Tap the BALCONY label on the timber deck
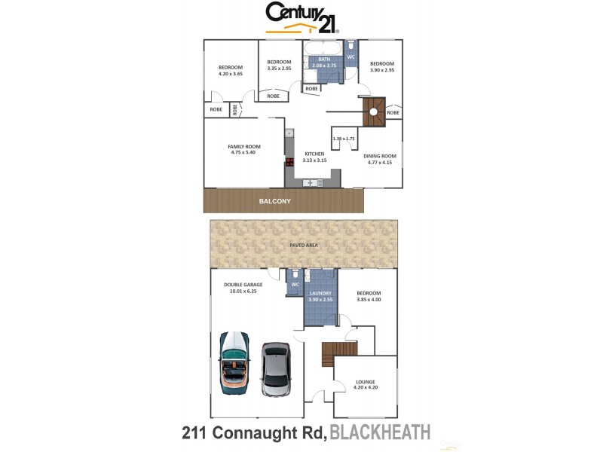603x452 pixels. pos(275,202)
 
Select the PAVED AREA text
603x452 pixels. pos(304,246)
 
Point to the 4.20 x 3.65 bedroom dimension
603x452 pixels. pos(230,74)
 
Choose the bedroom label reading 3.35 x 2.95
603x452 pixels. pos(279,69)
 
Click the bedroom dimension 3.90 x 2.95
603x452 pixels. pos(381,69)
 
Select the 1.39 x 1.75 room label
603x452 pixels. pos(344,139)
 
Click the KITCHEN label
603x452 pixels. pos(314,154)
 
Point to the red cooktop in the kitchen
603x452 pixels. pos(289,161)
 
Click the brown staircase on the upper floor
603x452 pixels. pos(374,112)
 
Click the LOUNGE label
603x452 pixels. pos(366,383)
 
